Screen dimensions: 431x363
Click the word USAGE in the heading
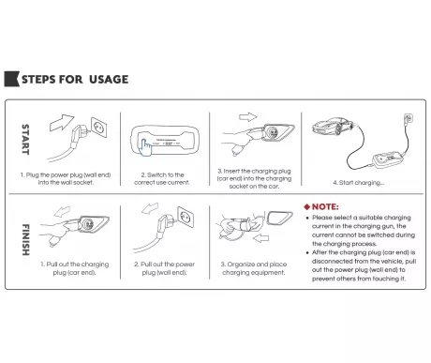coord(109,80)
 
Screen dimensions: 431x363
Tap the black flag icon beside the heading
coord(11,79)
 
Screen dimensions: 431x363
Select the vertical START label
coord(25,140)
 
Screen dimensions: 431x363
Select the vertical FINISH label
coord(25,239)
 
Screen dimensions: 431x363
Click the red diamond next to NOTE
coord(306,207)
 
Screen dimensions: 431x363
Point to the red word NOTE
coord(325,207)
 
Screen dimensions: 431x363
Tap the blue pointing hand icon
coord(145,147)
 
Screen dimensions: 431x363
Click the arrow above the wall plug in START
coord(62,122)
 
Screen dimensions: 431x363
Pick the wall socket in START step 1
coord(99,127)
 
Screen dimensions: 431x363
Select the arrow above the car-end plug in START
coord(247,117)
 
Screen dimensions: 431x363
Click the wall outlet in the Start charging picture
coord(409,118)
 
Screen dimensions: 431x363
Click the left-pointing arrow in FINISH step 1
coord(62,211)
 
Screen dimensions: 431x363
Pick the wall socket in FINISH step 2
coord(186,217)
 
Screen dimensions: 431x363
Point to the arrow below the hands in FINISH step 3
coord(260,238)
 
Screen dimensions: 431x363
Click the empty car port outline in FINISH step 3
coord(280,218)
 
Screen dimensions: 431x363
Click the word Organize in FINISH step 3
coord(241,265)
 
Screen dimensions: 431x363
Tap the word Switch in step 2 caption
coord(157,174)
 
